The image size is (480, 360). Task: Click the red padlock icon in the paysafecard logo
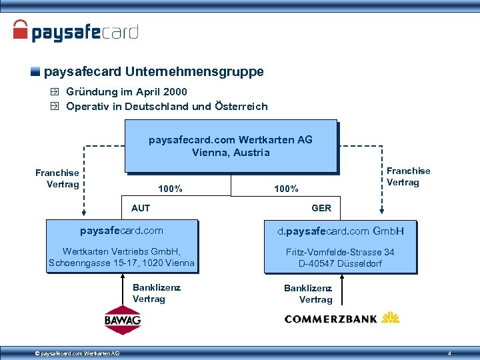[x=21, y=30]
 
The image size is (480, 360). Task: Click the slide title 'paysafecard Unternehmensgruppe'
[x=153, y=71]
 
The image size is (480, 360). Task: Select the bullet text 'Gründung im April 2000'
[x=127, y=92]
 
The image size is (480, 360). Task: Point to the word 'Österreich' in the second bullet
[x=241, y=107]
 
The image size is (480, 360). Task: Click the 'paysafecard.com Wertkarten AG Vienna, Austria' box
[x=230, y=146]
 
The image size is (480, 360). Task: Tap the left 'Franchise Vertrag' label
[x=57, y=179]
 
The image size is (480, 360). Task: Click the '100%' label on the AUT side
[x=170, y=189]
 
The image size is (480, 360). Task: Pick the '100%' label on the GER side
[x=286, y=189]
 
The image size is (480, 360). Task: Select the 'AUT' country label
[x=141, y=208]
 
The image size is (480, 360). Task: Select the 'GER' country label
[x=321, y=208]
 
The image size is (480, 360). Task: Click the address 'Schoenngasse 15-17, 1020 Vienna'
[x=121, y=263]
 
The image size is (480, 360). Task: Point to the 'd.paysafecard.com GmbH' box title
[x=340, y=231]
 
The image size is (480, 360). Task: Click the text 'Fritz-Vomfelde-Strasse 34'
[x=340, y=252]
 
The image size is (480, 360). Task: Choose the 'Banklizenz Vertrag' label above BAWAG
[x=157, y=293]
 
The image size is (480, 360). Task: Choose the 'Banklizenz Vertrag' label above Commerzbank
[x=308, y=294]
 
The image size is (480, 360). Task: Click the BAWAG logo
[x=123, y=320]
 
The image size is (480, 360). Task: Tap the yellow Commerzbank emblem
[x=390, y=318]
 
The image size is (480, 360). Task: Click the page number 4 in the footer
[x=450, y=353]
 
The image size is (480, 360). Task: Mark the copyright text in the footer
[x=77, y=353]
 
